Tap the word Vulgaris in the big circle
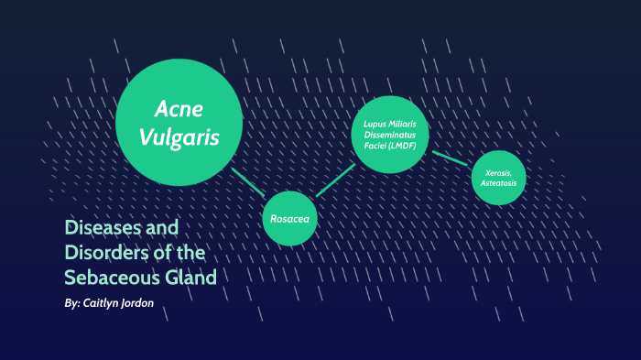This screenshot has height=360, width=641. (179, 137)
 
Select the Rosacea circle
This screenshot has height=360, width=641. (290, 219)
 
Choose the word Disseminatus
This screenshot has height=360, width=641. (390, 135)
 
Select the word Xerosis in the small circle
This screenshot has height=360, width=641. (499, 172)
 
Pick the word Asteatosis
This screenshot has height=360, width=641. (499, 183)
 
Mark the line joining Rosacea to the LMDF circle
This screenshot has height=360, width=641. (335, 180)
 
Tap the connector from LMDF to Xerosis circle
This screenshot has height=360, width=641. (451, 158)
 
